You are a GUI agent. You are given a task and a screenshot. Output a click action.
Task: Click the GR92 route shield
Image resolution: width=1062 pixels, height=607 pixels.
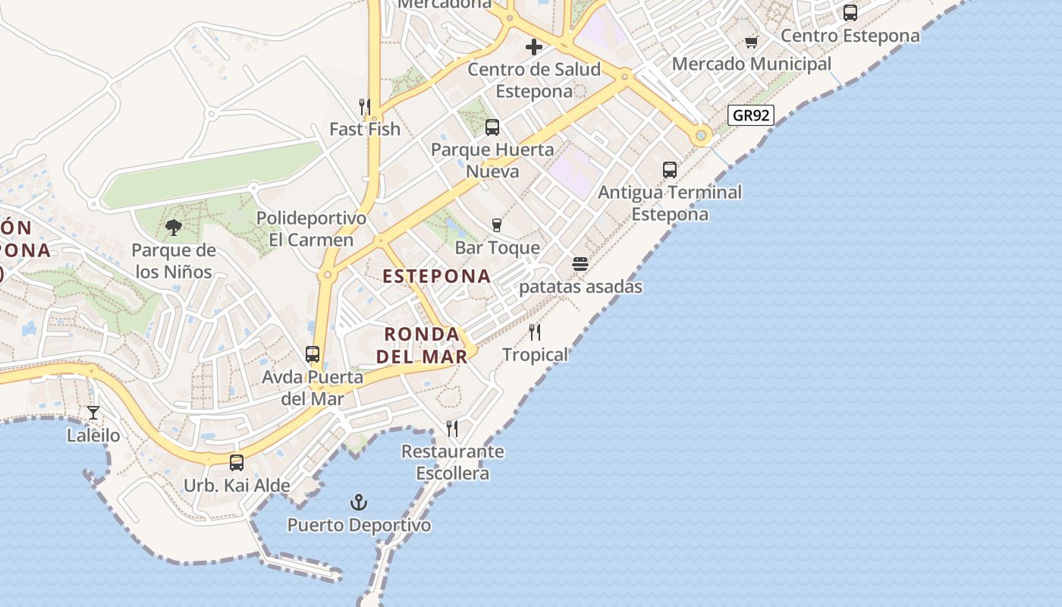[x=750, y=115]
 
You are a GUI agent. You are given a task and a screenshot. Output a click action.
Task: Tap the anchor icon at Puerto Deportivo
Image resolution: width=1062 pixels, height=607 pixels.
[x=358, y=502]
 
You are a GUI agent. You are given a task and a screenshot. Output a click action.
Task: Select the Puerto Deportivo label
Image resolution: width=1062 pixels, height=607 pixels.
[x=359, y=525]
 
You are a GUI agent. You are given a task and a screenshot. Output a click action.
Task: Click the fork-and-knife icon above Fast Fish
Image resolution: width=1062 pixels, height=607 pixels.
[x=365, y=106]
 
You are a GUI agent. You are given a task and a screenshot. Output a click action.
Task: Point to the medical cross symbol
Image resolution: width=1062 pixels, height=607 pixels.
[x=534, y=47]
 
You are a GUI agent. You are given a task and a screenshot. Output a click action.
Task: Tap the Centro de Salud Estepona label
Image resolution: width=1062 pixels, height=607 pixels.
[x=534, y=80]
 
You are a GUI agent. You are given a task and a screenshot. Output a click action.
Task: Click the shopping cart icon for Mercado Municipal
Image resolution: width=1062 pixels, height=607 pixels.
[x=751, y=42]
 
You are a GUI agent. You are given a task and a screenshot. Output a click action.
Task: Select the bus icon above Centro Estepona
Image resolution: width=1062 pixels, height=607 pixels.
[x=850, y=13]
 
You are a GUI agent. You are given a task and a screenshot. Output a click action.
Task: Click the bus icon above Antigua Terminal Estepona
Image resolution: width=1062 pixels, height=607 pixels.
[x=670, y=169]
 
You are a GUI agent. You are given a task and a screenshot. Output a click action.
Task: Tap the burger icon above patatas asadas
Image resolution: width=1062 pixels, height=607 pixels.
[x=580, y=264]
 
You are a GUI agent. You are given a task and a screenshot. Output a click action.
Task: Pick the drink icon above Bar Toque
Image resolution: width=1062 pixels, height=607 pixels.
[x=497, y=225]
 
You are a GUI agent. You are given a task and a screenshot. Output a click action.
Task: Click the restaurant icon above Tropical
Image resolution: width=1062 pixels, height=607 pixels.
[x=535, y=332]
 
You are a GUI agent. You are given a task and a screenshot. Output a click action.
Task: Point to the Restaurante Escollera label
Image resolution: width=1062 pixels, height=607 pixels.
[x=453, y=463]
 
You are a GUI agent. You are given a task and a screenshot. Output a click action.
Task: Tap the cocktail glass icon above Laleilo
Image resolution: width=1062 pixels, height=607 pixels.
[x=93, y=413]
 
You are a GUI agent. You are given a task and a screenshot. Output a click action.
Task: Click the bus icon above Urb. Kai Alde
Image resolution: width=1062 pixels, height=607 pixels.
[x=237, y=462]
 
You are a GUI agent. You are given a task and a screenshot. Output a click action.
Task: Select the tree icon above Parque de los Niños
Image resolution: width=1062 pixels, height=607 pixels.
[x=174, y=227]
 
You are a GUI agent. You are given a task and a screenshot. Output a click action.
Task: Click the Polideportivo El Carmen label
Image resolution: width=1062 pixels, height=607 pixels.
[x=311, y=229]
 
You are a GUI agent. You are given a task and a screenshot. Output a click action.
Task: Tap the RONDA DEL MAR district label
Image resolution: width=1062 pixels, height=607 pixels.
[x=422, y=344]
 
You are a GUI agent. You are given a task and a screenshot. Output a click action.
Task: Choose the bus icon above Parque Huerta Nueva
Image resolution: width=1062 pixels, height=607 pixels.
[x=492, y=127]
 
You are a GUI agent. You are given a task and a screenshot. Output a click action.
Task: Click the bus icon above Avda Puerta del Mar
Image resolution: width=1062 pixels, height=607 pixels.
[x=313, y=354]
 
